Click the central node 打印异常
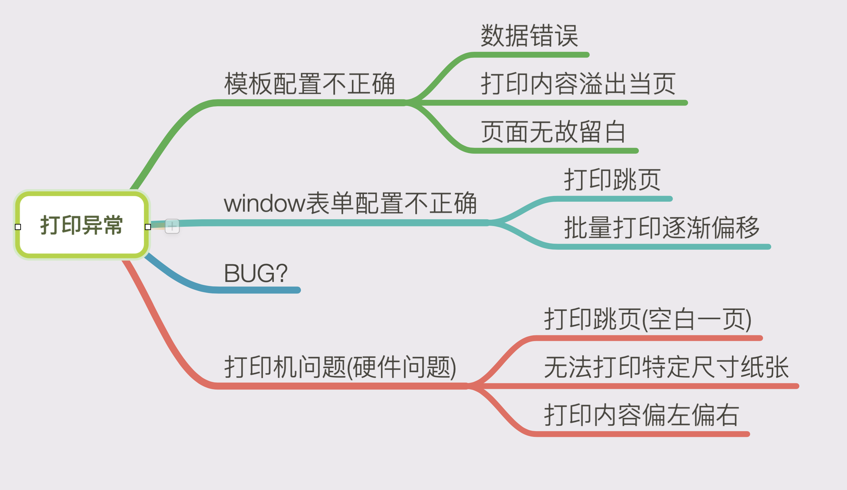click(x=81, y=225)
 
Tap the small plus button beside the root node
click(x=172, y=226)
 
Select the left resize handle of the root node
click(x=18, y=227)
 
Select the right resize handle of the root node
click(x=148, y=227)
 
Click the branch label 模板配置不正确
click(x=309, y=84)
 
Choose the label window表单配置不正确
click(x=350, y=203)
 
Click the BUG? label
click(x=256, y=273)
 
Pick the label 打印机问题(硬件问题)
click(x=340, y=367)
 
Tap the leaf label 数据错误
click(x=529, y=36)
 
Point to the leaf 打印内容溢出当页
click(x=578, y=84)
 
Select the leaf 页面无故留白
click(x=553, y=132)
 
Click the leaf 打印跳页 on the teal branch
click(x=612, y=180)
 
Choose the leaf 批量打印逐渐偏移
click(x=662, y=228)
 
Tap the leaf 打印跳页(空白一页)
click(x=648, y=319)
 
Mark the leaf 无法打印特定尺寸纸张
click(x=666, y=367)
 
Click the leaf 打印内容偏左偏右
click(x=642, y=415)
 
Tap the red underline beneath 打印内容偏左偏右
click(x=643, y=434)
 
